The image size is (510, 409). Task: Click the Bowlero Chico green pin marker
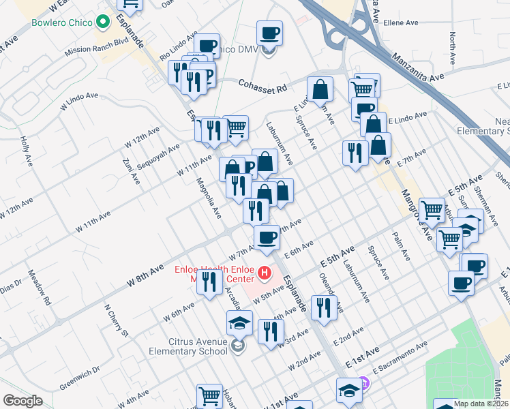(x=104, y=22)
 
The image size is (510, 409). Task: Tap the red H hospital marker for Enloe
(x=265, y=275)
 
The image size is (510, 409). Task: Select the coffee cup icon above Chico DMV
(x=269, y=32)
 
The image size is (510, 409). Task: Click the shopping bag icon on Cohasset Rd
(x=320, y=88)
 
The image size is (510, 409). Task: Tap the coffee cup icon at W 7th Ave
(x=266, y=237)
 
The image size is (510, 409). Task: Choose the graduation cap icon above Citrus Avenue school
(x=239, y=322)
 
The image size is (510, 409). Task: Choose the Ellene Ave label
(x=401, y=22)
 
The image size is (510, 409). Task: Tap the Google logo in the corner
(x=22, y=401)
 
